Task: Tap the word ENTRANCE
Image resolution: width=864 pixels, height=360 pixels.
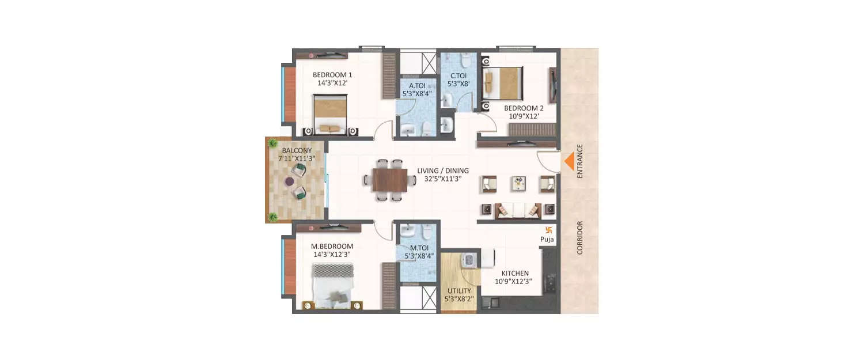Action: (x=580, y=161)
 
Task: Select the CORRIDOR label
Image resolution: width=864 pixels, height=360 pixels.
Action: (x=580, y=237)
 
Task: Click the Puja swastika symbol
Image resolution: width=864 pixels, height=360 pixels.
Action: (x=548, y=229)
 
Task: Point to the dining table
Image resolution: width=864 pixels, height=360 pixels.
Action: (x=389, y=180)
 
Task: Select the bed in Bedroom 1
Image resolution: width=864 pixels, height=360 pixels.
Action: (x=331, y=114)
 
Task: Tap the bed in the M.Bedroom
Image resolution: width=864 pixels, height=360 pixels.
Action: (x=331, y=283)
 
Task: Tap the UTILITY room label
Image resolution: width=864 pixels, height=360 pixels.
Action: (x=458, y=295)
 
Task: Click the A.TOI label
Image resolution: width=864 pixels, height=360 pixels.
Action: (x=417, y=89)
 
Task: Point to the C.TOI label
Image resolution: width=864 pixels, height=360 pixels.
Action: (x=458, y=79)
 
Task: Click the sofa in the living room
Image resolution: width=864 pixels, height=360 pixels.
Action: (x=518, y=210)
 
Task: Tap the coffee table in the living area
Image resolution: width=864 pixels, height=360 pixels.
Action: (x=519, y=183)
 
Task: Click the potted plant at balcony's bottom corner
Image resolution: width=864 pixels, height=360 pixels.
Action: (x=272, y=217)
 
